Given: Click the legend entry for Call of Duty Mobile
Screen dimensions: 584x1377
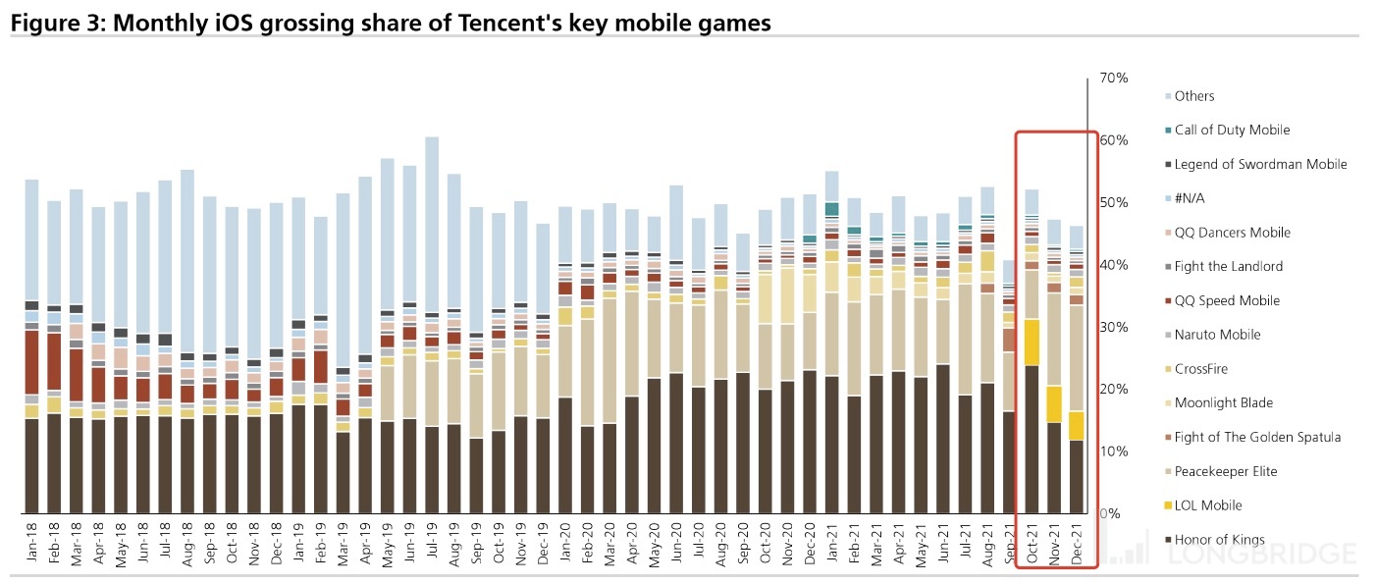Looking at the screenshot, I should click(x=1232, y=131).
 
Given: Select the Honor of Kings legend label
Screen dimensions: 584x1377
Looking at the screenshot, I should click(x=1219, y=540).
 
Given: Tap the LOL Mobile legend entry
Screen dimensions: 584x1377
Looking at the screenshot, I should click(x=1208, y=505).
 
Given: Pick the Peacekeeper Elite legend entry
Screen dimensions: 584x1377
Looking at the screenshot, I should click(x=1226, y=472).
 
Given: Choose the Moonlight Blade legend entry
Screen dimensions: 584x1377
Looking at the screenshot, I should click(x=1223, y=403).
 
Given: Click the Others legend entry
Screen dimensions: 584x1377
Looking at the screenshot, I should click(x=1193, y=96).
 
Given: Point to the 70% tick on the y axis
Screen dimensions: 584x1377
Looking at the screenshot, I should click(x=1114, y=78).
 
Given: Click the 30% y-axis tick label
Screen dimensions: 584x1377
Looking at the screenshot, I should click(x=1114, y=327).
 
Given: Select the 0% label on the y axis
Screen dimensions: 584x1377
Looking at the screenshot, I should click(x=1110, y=513).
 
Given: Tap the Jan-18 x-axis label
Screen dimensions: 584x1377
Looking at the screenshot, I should click(x=31, y=543).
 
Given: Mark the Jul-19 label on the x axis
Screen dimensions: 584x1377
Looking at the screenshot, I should click(x=432, y=543).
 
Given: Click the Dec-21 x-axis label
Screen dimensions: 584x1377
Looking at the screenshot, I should click(x=1076, y=543).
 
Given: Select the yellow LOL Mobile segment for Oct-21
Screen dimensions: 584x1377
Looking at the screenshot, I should click(x=1032, y=343).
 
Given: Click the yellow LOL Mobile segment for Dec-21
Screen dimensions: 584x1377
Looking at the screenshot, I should click(x=1076, y=425).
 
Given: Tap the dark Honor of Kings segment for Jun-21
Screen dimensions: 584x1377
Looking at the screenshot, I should click(x=942, y=439).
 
